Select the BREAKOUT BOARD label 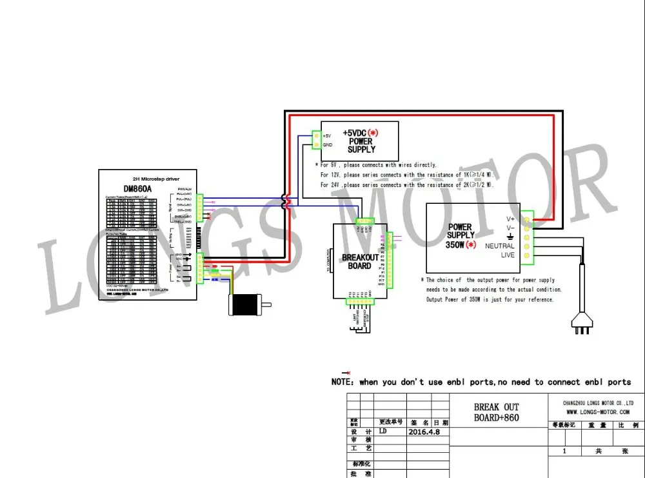361,261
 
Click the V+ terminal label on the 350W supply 510,218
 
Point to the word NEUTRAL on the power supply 500,246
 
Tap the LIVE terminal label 508,255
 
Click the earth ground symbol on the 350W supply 511,237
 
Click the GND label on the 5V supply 327,144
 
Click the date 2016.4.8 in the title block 424,432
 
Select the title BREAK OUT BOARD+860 496,412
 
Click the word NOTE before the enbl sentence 341,382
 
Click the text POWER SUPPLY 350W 461,235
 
